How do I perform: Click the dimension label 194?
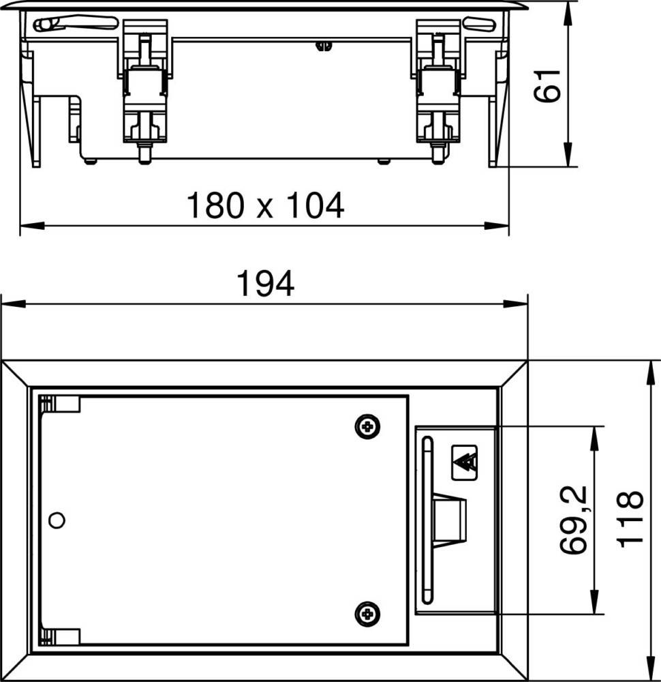point(265,284)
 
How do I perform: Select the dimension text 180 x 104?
point(265,205)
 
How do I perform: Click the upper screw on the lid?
point(368,427)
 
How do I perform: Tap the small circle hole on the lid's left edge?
point(58,520)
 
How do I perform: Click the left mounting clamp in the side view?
point(144,95)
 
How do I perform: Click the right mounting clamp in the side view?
point(435,95)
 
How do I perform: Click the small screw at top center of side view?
point(322,46)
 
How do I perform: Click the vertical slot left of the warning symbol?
point(427,520)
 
